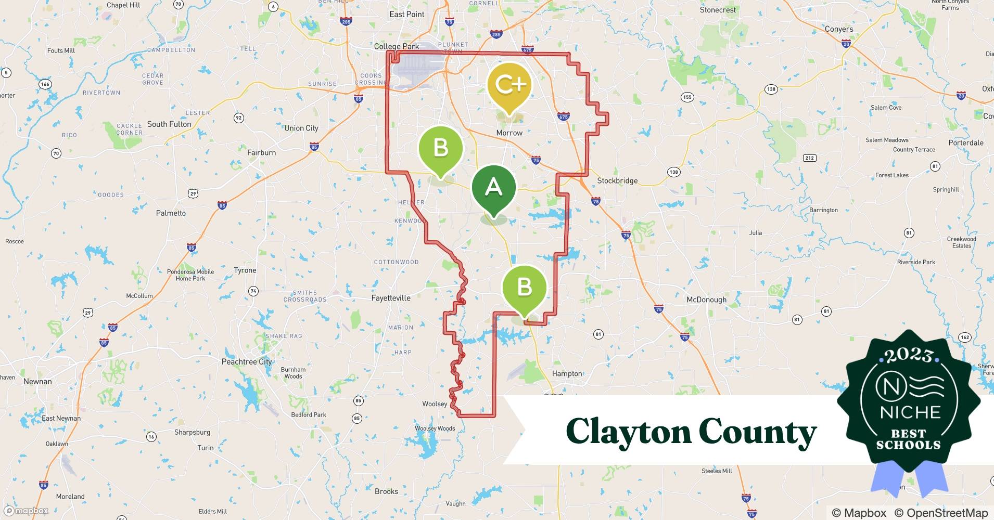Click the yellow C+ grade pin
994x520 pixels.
tap(509, 85)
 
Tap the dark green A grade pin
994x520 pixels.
tap(493, 187)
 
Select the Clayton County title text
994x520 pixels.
tap(691, 432)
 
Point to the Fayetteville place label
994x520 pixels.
tap(391, 298)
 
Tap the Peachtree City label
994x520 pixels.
tap(247, 361)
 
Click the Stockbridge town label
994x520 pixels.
tap(617, 181)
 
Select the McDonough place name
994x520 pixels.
tap(706, 300)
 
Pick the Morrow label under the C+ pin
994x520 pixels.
tap(509, 133)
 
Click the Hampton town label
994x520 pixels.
tap(567, 373)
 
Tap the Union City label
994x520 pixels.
tap(301, 128)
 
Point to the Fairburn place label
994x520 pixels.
tap(261, 152)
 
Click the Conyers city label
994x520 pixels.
tap(839, 29)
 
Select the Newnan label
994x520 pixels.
tap(37, 381)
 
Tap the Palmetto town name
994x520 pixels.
tap(171, 213)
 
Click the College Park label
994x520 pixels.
tap(397, 46)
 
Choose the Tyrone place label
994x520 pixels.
tap(245, 270)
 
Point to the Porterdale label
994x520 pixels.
tap(966, 142)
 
